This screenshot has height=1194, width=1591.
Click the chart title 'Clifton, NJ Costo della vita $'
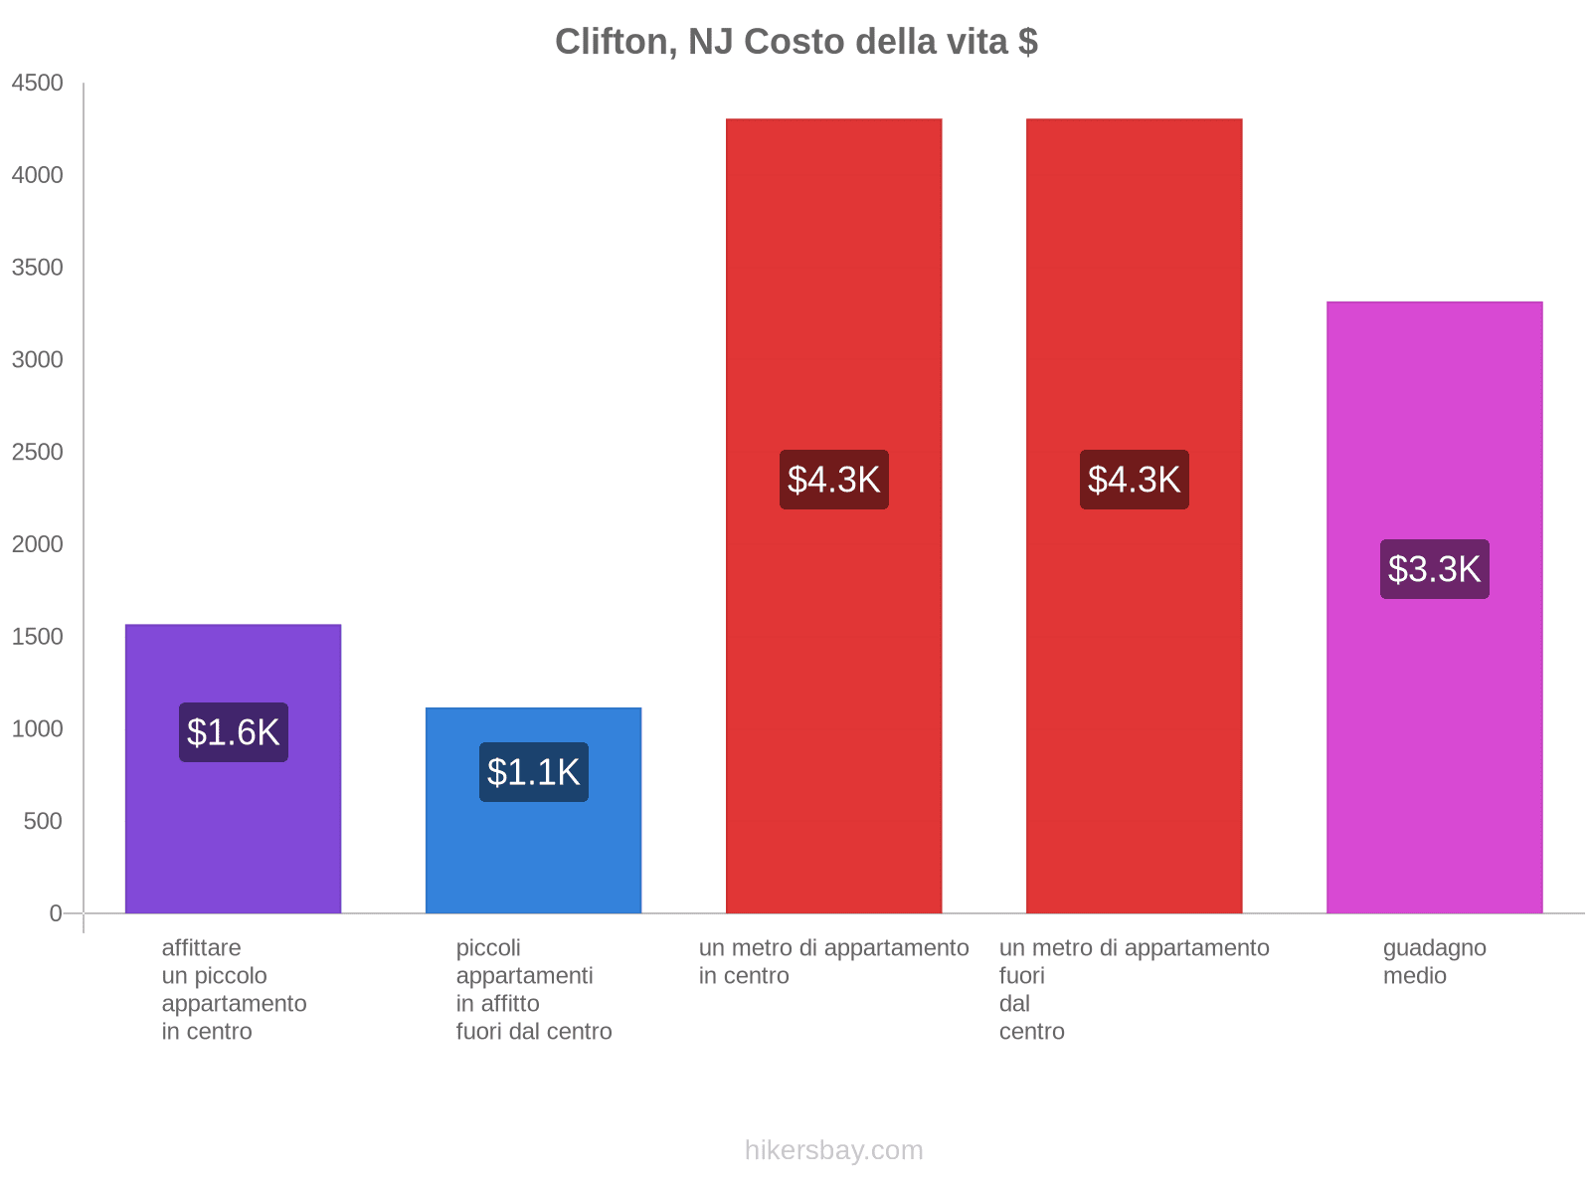coord(795,42)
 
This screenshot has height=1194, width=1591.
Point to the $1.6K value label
coord(234,732)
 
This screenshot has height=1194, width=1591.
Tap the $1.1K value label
coord(533,772)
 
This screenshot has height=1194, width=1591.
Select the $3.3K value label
coord(1434,569)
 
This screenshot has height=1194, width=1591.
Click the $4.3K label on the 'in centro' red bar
coord(833,480)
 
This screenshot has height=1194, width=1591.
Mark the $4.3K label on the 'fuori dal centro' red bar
coord(1134,480)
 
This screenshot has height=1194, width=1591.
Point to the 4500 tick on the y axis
coord(38,84)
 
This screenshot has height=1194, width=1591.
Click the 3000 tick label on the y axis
coord(38,360)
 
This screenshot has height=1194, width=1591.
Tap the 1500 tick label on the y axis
coord(38,637)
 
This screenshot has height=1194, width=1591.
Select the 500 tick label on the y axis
coord(43,822)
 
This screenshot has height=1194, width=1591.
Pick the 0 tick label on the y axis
coord(56,913)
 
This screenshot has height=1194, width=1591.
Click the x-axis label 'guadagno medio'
coord(1434,962)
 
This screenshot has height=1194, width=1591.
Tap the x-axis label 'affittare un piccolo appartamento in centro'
coord(234,989)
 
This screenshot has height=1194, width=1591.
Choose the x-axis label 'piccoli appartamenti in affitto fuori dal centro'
coord(533,989)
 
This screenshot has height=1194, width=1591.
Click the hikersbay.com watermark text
coord(833,1150)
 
